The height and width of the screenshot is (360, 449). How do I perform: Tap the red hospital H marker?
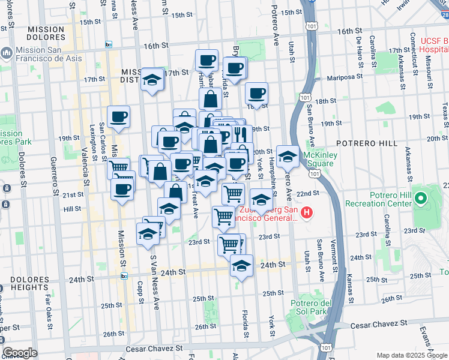(307, 212)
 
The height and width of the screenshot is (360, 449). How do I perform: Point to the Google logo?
(19, 353)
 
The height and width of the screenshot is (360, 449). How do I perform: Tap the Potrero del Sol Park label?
(309, 307)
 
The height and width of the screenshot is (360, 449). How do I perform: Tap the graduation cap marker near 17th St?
(152, 80)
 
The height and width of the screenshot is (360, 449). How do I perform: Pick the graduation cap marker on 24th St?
(241, 266)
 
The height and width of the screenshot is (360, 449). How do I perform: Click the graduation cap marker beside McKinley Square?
(288, 158)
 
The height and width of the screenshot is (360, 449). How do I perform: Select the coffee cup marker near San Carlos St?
(118, 117)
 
